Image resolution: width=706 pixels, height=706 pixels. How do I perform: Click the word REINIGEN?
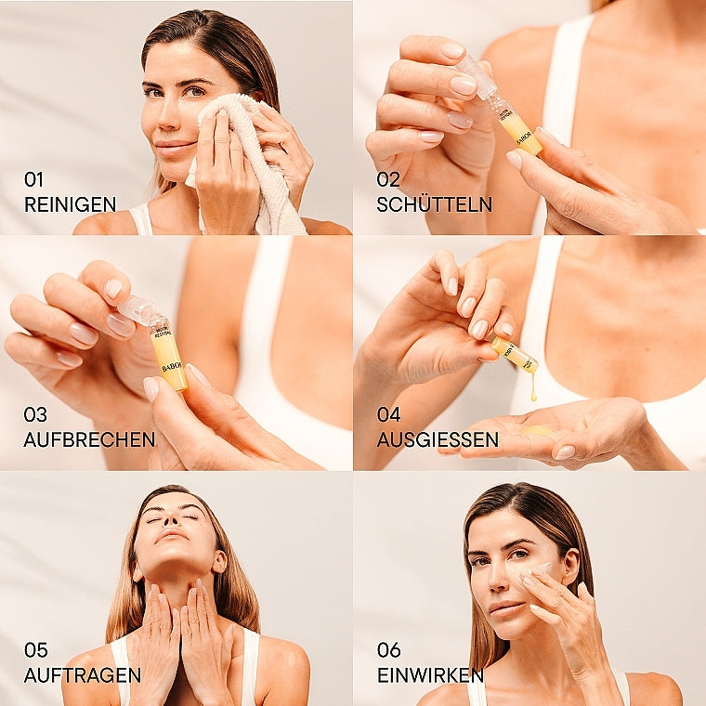click(70, 204)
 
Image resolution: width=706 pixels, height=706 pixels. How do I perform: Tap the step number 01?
click(34, 179)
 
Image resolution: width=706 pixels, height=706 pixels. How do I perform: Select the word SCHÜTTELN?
click(435, 204)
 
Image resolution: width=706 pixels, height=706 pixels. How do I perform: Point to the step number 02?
click(388, 179)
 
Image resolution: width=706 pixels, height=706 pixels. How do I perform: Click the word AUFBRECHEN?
click(89, 439)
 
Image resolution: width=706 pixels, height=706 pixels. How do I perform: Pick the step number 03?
click(35, 414)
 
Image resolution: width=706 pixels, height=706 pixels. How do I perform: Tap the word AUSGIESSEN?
click(438, 439)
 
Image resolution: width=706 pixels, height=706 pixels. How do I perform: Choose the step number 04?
click(388, 414)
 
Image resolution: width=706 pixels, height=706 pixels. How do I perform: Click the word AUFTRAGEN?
click(83, 675)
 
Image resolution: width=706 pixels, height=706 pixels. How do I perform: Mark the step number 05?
click(35, 650)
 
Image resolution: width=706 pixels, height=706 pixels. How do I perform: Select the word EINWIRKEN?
click(430, 675)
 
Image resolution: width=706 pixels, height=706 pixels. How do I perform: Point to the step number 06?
click(388, 650)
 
